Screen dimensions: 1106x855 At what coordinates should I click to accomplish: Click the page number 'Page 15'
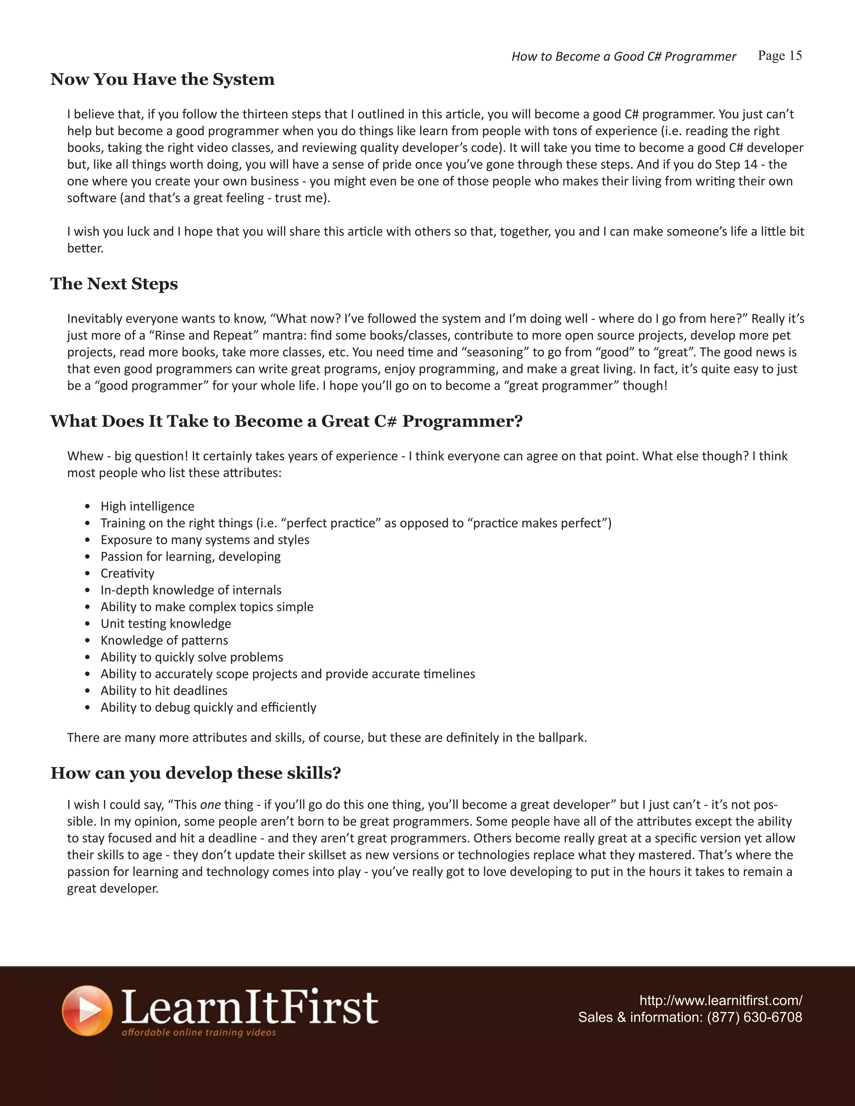[779, 56]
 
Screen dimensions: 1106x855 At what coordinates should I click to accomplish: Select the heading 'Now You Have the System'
[162, 79]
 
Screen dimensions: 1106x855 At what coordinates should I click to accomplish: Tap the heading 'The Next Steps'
[114, 283]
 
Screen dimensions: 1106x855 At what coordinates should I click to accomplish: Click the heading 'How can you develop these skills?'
[195, 773]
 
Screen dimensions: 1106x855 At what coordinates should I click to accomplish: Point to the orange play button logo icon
[87, 1010]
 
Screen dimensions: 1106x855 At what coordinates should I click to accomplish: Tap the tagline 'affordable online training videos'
[199, 1032]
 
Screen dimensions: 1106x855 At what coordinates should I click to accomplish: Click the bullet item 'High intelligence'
[147, 506]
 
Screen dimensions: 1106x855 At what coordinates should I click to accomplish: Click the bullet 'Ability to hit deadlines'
[164, 690]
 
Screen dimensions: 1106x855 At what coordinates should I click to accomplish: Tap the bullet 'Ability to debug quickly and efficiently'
[208, 707]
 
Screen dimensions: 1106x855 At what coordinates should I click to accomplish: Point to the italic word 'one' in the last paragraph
[210, 805]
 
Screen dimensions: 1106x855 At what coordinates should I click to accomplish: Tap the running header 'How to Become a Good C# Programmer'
[624, 56]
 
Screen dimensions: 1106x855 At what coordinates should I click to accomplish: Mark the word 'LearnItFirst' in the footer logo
[250, 1007]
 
